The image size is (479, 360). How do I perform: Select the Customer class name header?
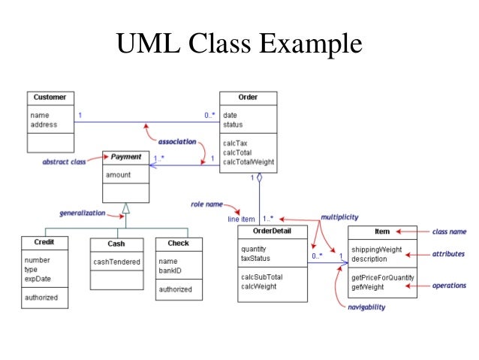coord(49,97)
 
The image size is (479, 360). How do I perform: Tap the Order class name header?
coord(248,97)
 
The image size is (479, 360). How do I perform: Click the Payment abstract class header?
coord(126,157)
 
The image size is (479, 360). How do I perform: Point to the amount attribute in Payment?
coord(118,174)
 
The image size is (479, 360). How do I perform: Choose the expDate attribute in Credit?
coord(37,278)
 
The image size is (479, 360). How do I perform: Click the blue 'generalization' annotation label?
coord(82,213)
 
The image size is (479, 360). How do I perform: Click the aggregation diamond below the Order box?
coord(259,179)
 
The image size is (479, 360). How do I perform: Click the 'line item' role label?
coord(243,219)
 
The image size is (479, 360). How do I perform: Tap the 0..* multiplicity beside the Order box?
coord(209,115)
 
